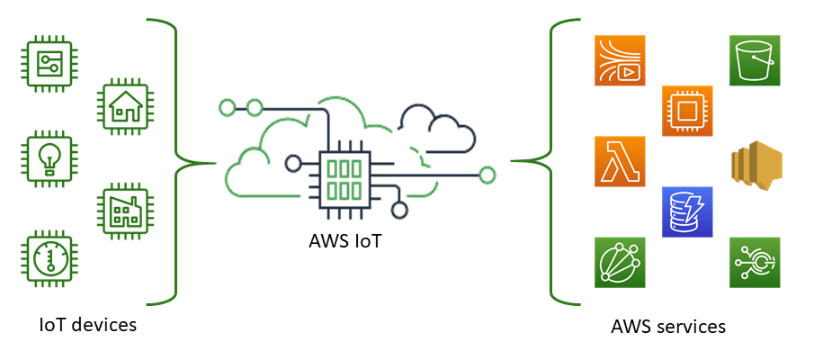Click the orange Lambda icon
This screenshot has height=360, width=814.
pos(621,162)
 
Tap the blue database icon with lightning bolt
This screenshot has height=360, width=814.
pos(687,211)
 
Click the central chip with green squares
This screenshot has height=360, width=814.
pos(344,177)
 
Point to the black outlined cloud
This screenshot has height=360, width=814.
pos(436,130)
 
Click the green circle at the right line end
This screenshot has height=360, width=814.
pos(488,175)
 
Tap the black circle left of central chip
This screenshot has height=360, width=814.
pos(292,164)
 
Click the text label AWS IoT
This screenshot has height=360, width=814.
pos(344,241)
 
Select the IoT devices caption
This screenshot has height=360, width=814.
pos(88,324)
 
